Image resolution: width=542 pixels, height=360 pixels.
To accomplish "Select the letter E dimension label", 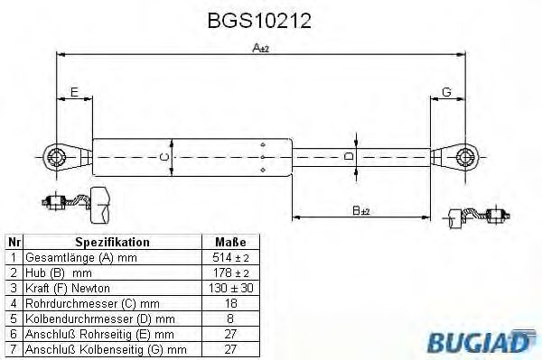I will pos(74,90).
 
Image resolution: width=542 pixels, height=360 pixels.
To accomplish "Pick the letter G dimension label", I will pos(447,90).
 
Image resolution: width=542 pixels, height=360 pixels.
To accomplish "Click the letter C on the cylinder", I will pos(164,156).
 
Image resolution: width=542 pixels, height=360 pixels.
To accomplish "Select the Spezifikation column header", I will pos(112,243).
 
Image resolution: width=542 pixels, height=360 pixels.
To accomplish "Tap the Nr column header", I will pos(14,243).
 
